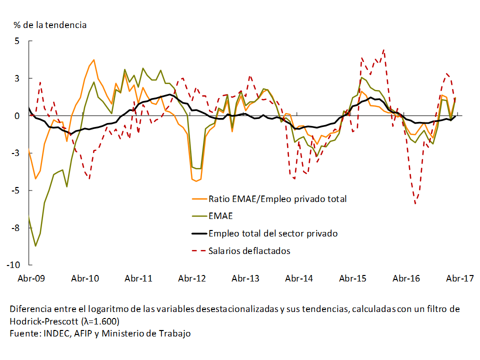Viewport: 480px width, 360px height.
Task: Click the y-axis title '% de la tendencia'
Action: click(x=50, y=24)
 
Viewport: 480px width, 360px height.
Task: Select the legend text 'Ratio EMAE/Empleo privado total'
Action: click(x=277, y=198)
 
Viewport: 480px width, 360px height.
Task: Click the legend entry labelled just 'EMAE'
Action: click(x=220, y=216)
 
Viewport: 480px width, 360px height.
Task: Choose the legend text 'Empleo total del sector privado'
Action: click(x=273, y=233)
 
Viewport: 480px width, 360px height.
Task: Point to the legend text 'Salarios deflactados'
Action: click(x=249, y=250)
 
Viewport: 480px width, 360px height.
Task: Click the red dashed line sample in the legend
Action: click(x=198, y=250)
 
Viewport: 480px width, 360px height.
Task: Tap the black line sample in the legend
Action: click(x=198, y=233)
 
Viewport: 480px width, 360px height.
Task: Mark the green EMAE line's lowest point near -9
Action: click(x=35, y=246)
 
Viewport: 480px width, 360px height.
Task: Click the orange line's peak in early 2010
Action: click(x=93, y=60)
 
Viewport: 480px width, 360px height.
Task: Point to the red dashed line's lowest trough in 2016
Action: click(x=415, y=203)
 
